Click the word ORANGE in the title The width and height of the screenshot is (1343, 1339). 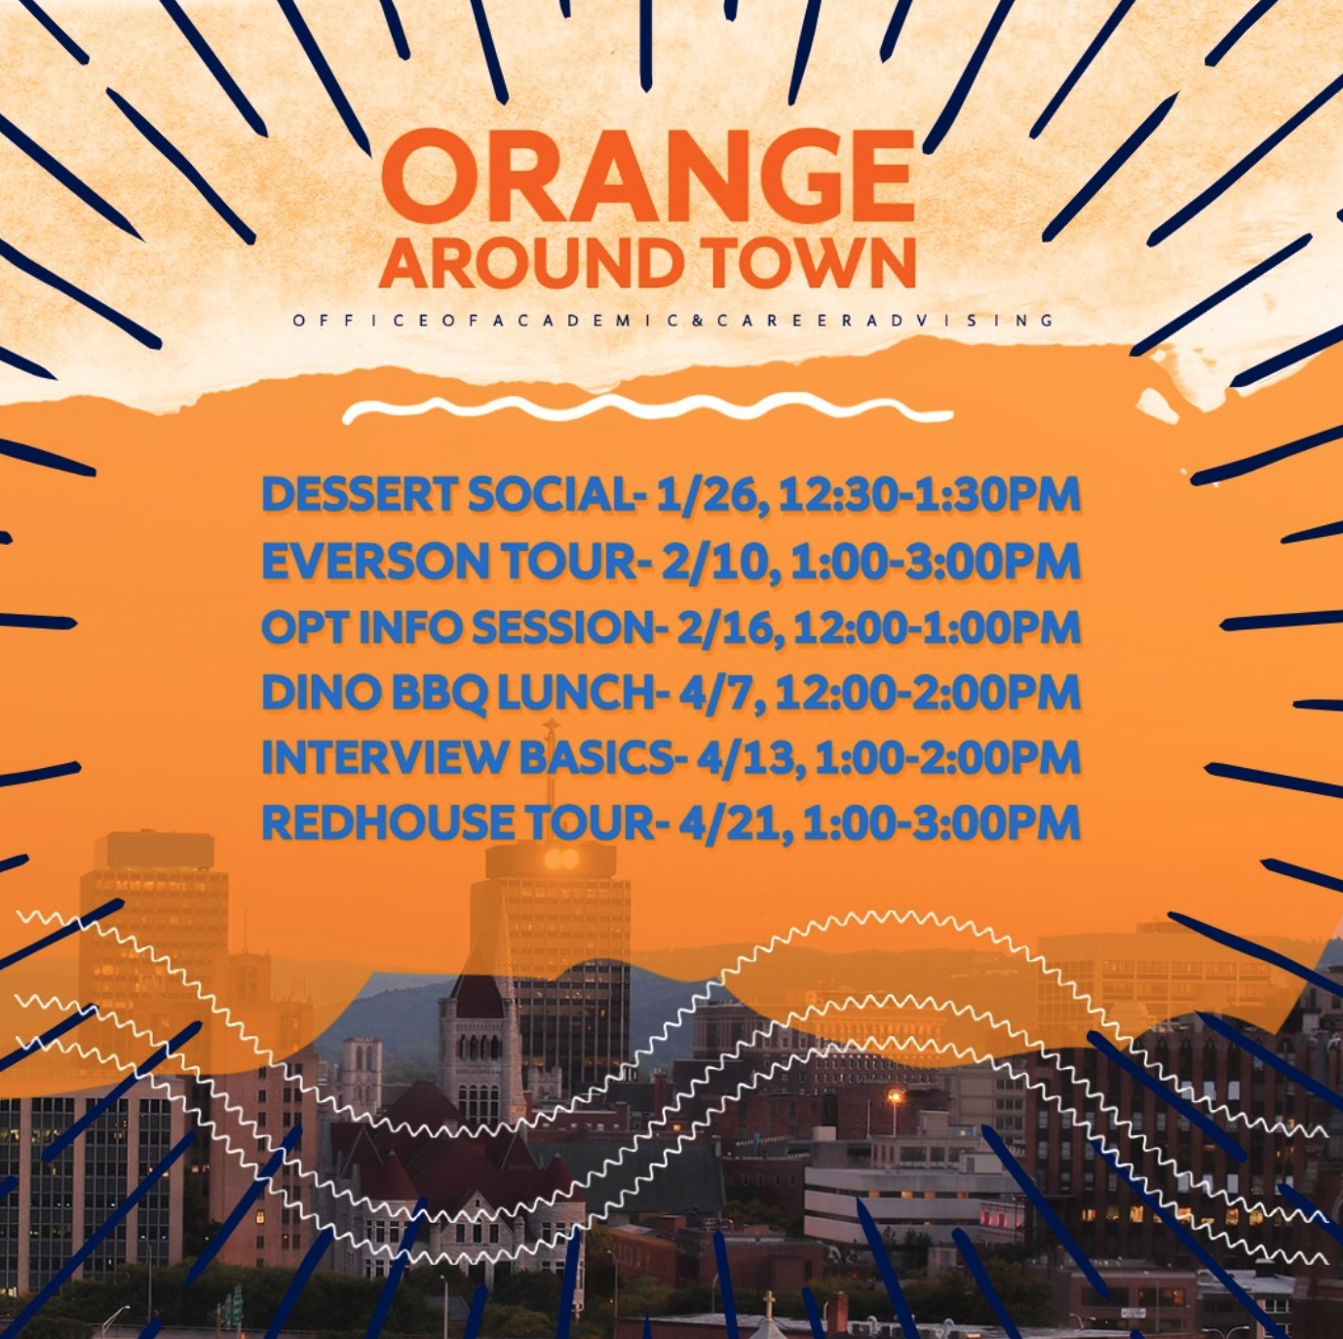[648, 176]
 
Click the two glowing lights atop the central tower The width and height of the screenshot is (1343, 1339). [561, 858]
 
